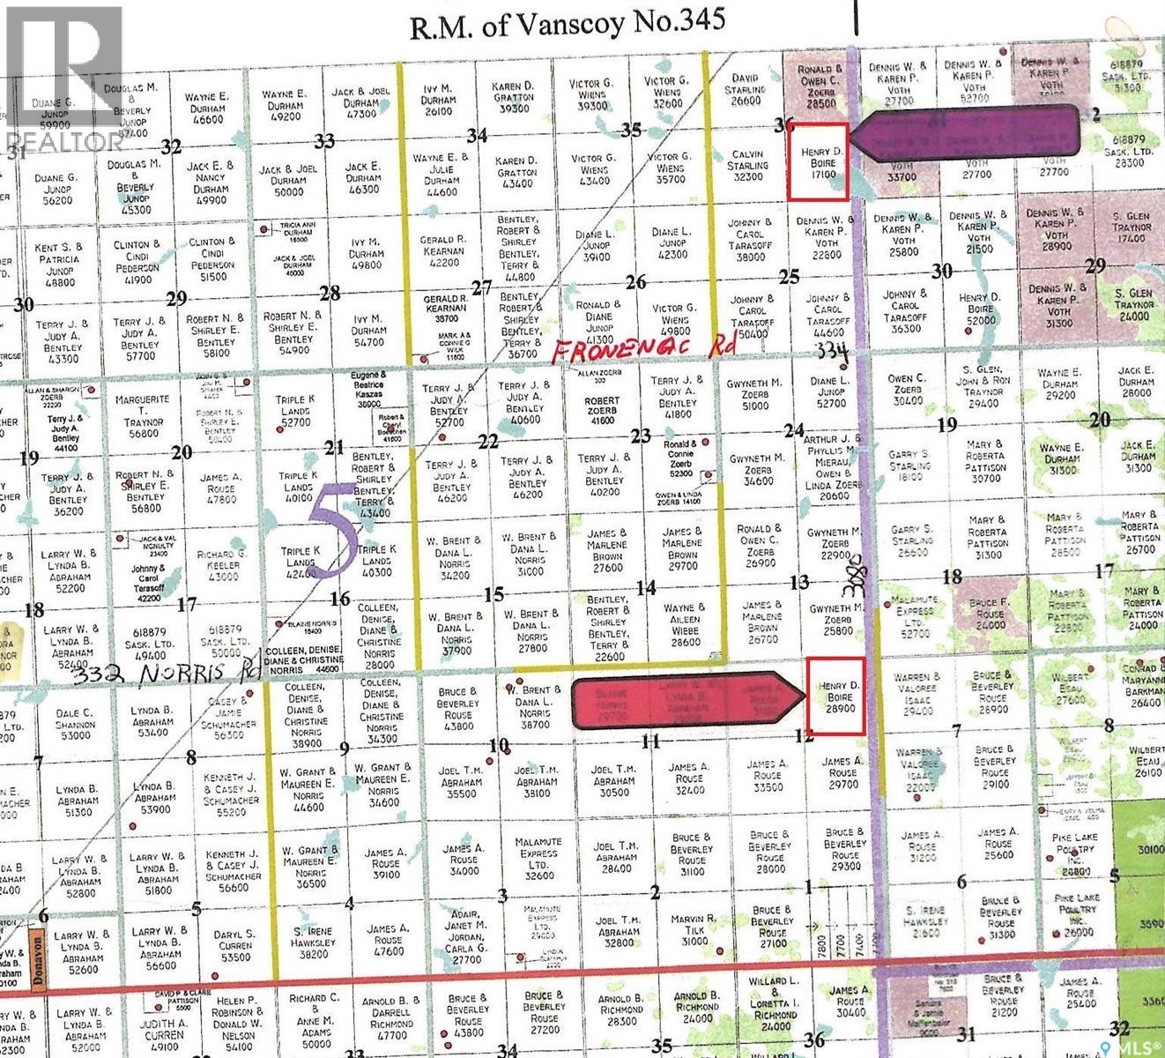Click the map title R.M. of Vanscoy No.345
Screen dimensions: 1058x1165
tap(568, 24)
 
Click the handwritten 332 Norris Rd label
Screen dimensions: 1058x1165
tap(167, 674)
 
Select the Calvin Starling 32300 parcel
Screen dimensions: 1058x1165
tap(747, 165)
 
